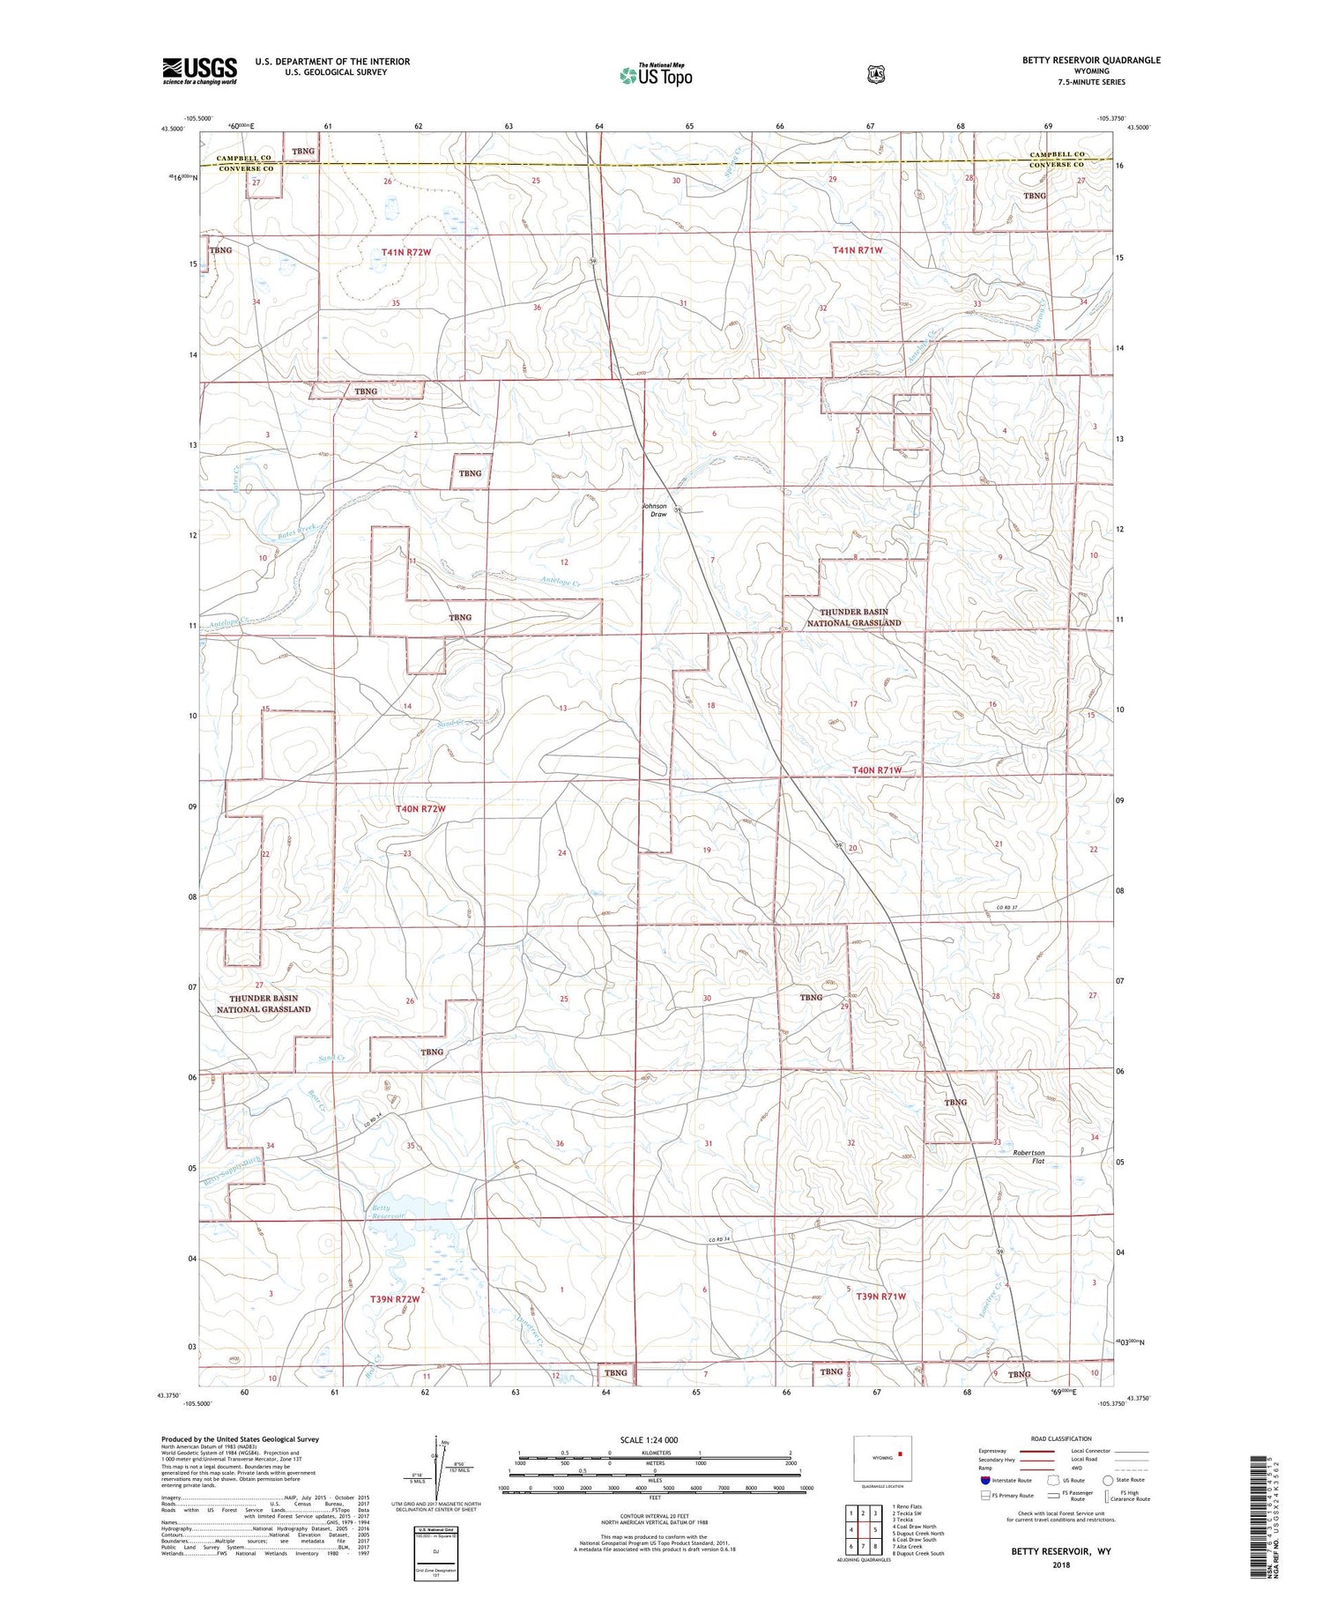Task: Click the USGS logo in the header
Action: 200,71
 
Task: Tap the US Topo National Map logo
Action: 656,74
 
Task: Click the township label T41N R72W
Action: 406,253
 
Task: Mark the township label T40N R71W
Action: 876,770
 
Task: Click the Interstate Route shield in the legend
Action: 984,1480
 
